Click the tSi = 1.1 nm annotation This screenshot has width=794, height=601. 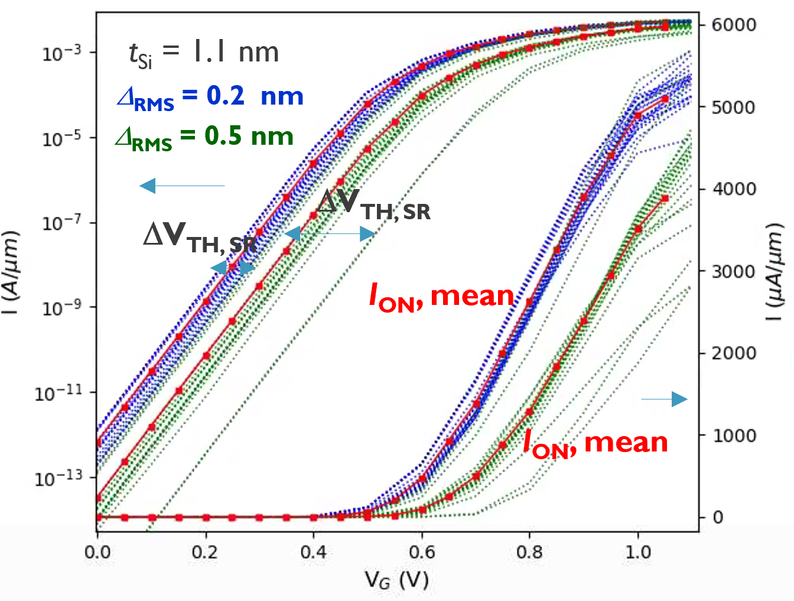point(203,53)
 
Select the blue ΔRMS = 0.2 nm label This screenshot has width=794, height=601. point(210,96)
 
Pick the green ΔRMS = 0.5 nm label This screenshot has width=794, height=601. point(204,137)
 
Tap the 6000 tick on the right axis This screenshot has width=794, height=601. point(733,25)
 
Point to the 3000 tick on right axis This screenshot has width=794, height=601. point(733,271)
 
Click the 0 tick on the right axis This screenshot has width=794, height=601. point(718,518)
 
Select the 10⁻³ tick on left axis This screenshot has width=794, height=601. point(61,53)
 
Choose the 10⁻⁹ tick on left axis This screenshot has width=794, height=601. point(61,308)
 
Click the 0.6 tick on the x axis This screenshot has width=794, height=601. point(421,553)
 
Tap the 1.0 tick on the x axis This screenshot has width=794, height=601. point(637,553)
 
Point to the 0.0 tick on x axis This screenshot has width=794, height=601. point(97,553)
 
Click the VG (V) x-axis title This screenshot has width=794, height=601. point(396,580)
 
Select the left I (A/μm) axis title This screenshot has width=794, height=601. point(12,272)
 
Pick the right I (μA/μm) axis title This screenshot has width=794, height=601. point(775,272)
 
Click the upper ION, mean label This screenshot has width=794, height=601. point(441,296)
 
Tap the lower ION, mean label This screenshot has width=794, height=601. point(595,443)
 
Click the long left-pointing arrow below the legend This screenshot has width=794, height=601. point(182,186)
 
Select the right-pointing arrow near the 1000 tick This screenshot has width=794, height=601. point(665,399)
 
